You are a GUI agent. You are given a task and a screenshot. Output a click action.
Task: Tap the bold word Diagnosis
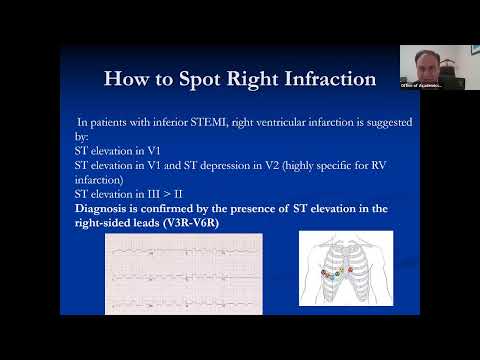point(104,207)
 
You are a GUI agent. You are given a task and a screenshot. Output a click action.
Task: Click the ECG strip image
point(184,273)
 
